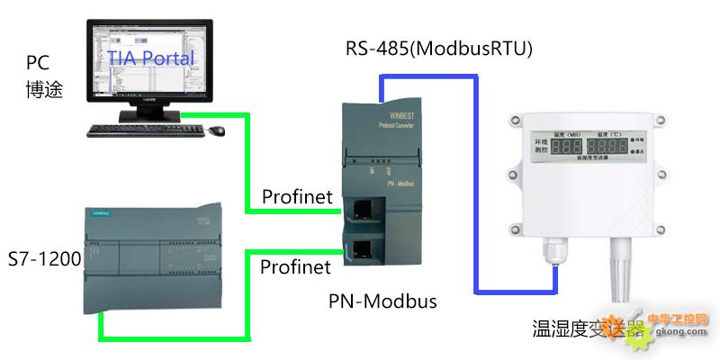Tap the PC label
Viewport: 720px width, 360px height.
point(38,64)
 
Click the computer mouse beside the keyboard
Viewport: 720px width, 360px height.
point(218,131)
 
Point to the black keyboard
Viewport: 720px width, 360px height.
point(145,131)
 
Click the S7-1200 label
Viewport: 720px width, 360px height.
point(44,259)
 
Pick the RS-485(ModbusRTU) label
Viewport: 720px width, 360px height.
point(439,49)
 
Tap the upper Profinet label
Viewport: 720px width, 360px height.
point(296,197)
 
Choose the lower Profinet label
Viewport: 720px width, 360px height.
point(295,267)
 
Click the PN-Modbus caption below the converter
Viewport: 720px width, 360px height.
point(382,301)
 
